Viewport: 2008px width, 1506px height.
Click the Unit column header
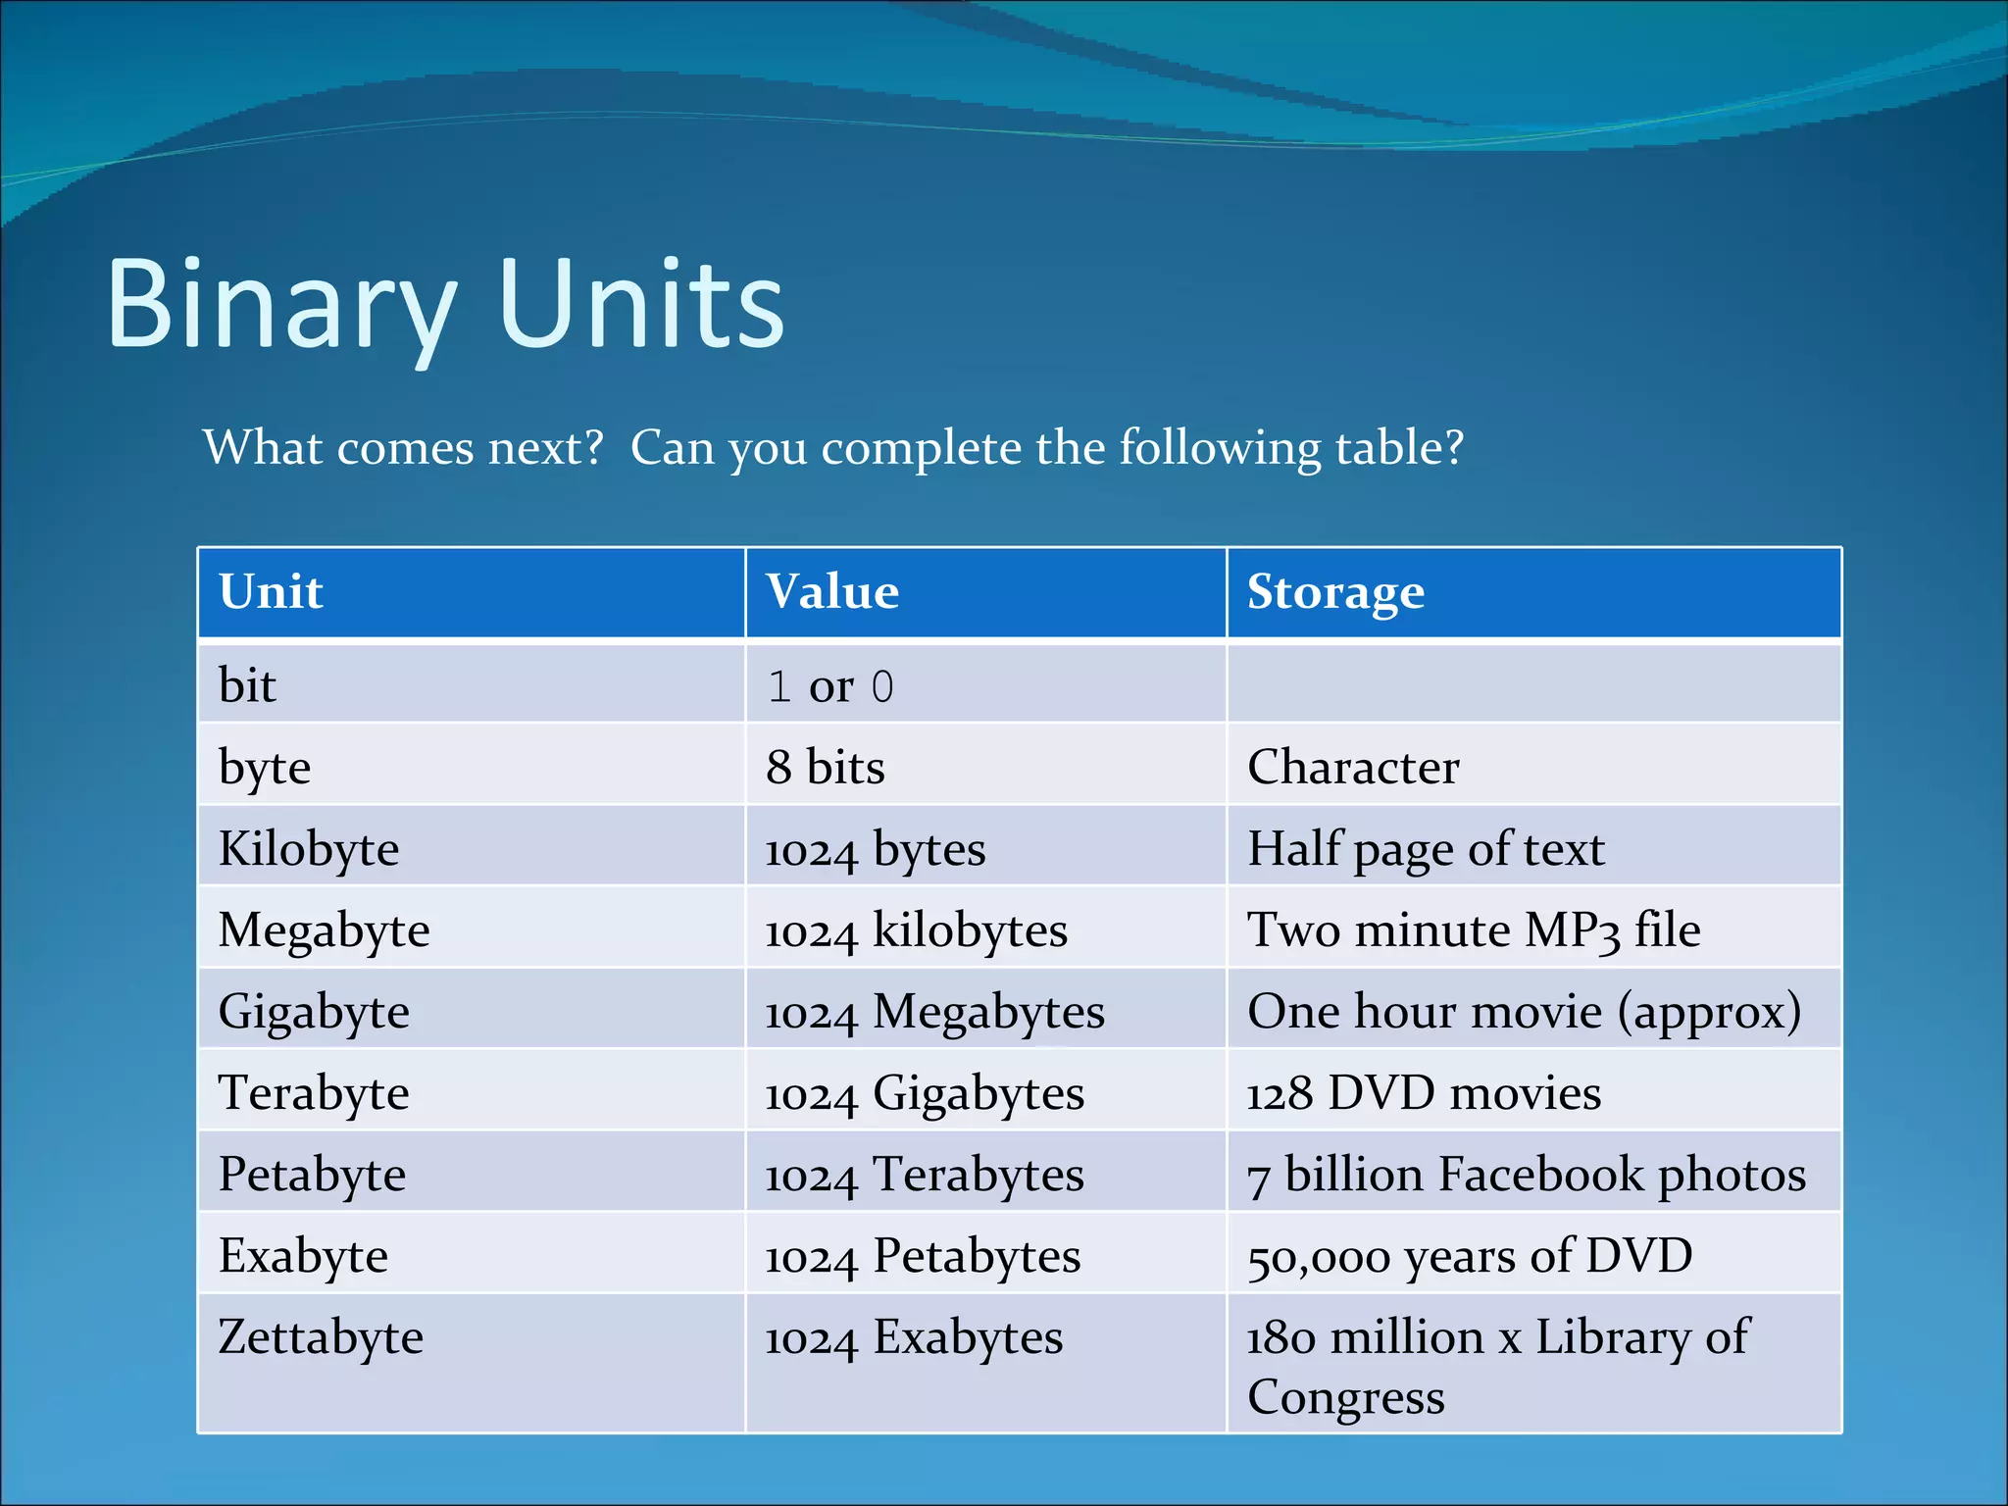(271, 592)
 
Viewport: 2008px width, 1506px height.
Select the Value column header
(831, 592)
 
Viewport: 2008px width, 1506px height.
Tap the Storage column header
(1335, 592)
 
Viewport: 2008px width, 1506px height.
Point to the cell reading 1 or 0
(830, 686)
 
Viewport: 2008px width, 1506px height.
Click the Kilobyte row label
(309, 849)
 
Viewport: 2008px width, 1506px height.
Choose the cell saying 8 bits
(826, 767)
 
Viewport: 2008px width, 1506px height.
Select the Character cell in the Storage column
(1353, 767)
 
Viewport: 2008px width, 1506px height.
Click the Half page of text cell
(1426, 849)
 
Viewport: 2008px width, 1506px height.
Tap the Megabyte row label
(324, 930)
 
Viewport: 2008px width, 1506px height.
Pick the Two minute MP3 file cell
(1473, 930)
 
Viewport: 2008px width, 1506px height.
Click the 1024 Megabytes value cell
(934, 1012)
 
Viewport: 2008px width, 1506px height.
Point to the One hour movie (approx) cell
(1524, 1012)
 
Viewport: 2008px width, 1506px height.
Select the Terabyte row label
(314, 1093)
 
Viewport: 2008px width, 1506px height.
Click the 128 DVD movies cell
(1424, 1093)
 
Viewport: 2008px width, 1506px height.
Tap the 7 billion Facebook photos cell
(1526, 1175)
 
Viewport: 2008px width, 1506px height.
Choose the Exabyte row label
(303, 1256)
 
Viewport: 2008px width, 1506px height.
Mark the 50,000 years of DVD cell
(1469, 1256)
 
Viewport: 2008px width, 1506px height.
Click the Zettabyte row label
(321, 1337)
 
